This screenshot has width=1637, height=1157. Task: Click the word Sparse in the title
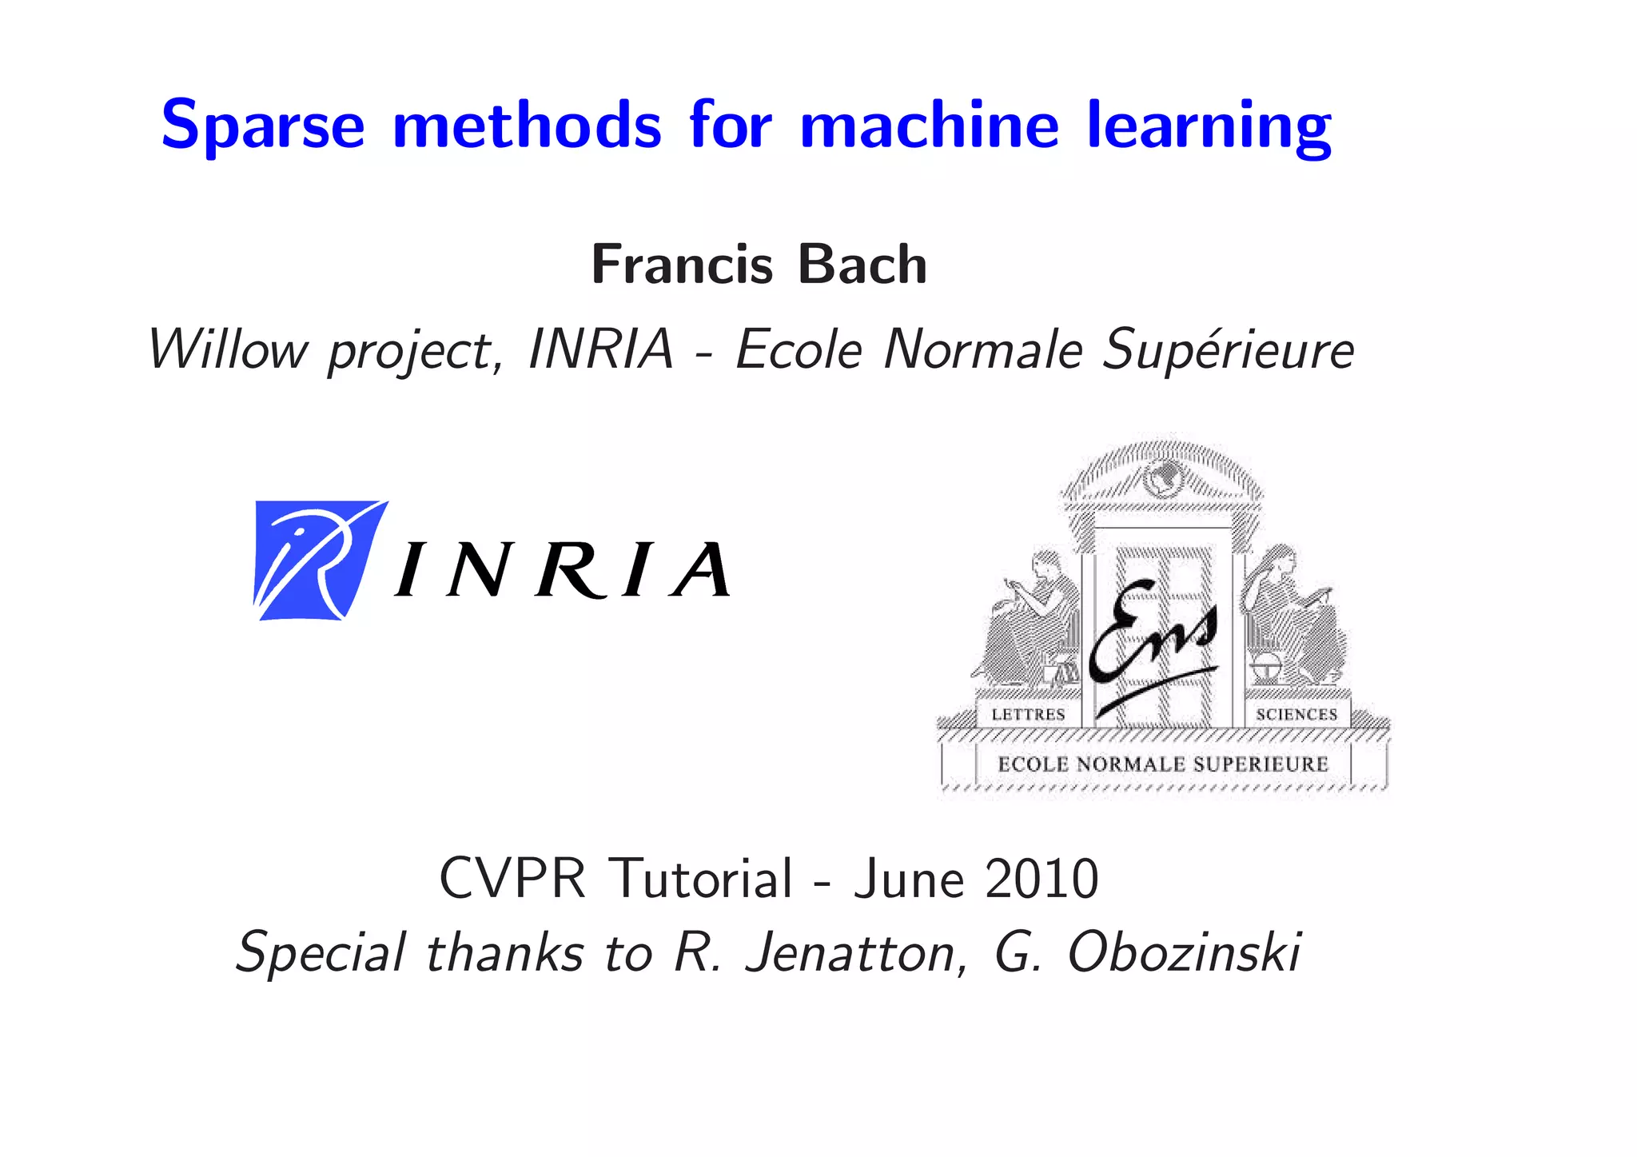(263, 126)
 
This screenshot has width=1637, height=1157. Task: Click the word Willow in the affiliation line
(228, 350)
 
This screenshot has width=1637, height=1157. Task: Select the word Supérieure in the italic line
(1228, 350)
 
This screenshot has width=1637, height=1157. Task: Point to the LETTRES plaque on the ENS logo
(1028, 714)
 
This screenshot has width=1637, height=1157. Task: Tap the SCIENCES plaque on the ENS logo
(1296, 714)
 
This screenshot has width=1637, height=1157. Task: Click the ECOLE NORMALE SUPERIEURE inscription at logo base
(1162, 764)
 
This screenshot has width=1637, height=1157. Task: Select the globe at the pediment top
(1162, 478)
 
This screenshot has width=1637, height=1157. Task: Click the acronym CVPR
(512, 879)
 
